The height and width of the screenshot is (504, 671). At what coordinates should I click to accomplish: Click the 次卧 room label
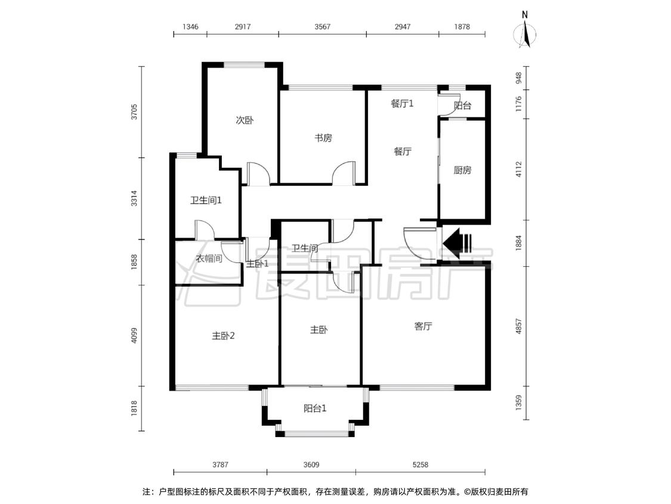[245, 120]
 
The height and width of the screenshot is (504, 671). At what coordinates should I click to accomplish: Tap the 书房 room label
[323, 138]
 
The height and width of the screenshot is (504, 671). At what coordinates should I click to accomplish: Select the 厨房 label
[462, 170]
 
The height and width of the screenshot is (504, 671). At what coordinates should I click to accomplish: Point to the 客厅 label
[423, 326]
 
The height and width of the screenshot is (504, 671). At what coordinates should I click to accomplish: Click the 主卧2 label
[223, 336]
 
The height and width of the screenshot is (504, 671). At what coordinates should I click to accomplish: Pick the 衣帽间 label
[209, 259]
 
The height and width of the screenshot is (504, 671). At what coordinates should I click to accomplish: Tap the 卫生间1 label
[206, 200]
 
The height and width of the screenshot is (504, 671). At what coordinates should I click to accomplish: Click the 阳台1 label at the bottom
[315, 408]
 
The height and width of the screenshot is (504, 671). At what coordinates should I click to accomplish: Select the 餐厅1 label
[402, 104]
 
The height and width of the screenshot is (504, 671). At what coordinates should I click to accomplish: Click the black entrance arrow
[456, 244]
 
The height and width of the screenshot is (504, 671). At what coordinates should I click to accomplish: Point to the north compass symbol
[525, 31]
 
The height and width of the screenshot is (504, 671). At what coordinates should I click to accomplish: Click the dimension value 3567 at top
[322, 26]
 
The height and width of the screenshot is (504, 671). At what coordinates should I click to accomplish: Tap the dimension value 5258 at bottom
[420, 464]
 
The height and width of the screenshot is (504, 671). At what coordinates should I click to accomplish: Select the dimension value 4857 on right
[519, 326]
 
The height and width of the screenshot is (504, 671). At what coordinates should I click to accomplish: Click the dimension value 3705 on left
[134, 112]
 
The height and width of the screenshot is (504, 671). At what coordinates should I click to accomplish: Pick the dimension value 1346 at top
[190, 26]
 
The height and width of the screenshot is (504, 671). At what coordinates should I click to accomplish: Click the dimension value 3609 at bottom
[311, 464]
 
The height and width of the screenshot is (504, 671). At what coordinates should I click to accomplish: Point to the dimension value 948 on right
[519, 78]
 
